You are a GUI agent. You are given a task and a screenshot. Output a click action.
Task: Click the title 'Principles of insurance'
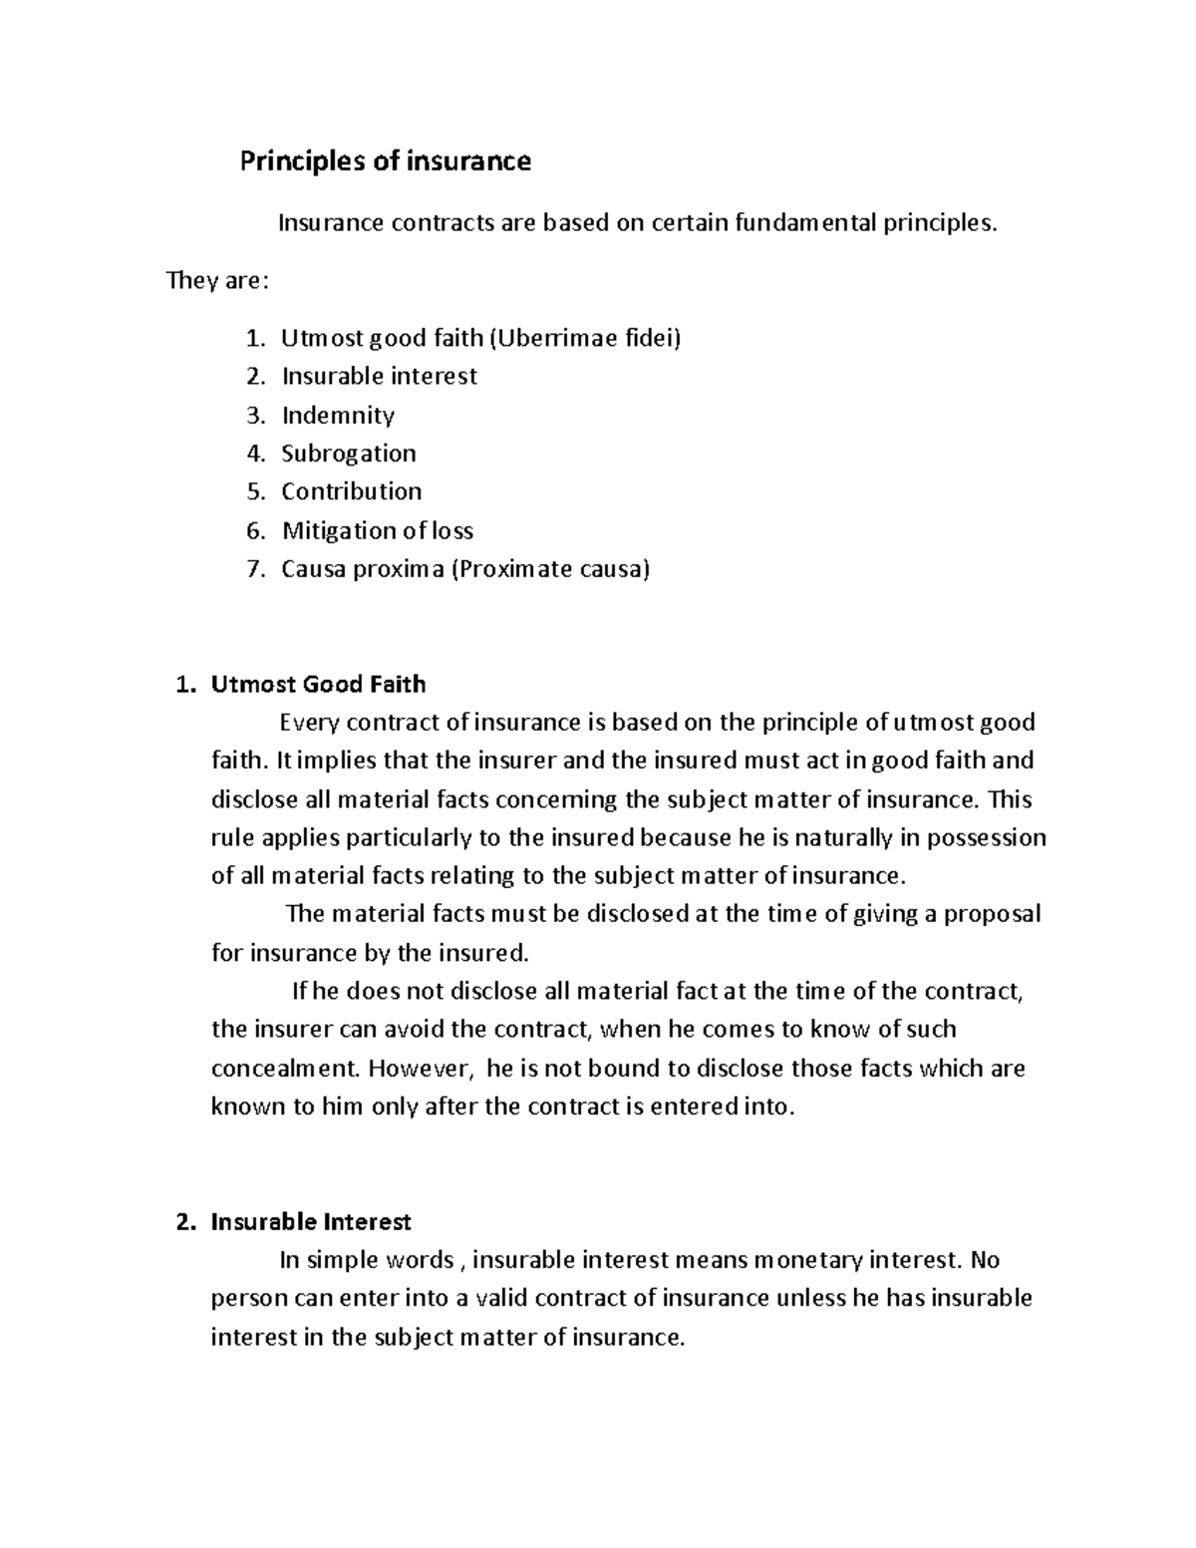[385, 161]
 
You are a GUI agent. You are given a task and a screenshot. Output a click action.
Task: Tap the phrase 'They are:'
[217, 281]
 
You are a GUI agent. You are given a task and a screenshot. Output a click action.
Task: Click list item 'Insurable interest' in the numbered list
[379, 377]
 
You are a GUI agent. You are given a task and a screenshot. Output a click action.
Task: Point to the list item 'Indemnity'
[338, 416]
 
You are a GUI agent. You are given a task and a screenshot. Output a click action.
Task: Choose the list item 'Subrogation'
[349, 454]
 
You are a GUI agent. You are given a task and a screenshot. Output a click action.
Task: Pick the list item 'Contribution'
[351, 492]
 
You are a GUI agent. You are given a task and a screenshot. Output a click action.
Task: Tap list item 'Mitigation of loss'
[377, 531]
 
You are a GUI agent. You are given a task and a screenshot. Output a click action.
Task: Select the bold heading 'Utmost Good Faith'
[318, 685]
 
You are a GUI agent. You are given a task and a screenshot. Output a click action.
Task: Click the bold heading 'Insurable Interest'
[311, 1222]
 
